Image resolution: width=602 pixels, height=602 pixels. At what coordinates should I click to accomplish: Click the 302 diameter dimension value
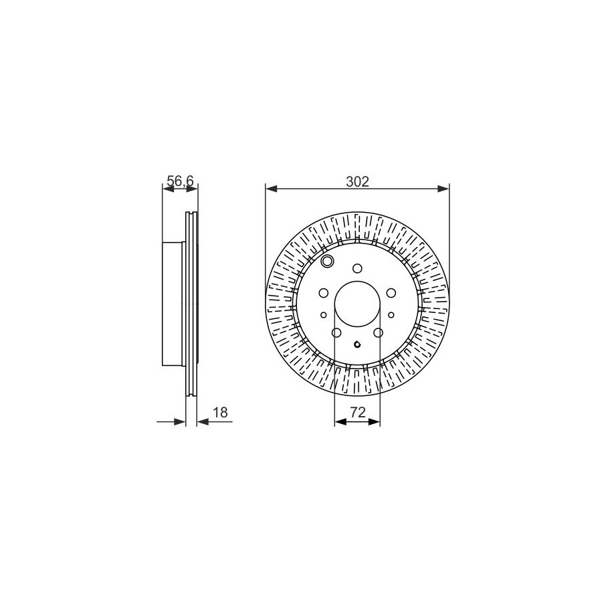pyautogui.click(x=357, y=181)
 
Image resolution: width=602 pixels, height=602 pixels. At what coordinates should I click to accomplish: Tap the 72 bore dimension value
pyautogui.click(x=357, y=413)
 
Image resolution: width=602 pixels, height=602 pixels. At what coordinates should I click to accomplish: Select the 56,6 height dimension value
pyautogui.click(x=180, y=181)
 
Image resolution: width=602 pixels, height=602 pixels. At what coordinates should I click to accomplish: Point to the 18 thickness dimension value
pyautogui.click(x=220, y=413)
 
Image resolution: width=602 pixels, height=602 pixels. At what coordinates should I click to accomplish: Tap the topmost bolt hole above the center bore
pyautogui.click(x=357, y=268)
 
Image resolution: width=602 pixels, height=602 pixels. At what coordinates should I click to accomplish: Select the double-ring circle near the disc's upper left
pyautogui.click(x=328, y=262)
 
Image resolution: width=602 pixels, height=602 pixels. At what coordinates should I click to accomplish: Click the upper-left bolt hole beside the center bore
pyautogui.click(x=324, y=293)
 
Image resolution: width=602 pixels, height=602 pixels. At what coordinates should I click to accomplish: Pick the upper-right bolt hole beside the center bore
pyautogui.click(x=391, y=293)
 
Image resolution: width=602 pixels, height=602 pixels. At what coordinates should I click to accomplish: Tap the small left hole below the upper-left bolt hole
pyautogui.click(x=324, y=315)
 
